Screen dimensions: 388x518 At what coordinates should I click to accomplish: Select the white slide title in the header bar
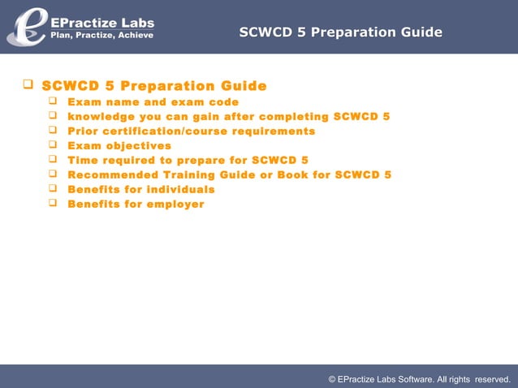tap(341, 32)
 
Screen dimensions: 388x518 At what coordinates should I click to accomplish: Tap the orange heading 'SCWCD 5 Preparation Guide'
tap(154, 86)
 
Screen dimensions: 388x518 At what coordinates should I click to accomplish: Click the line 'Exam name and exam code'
tap(153, 102)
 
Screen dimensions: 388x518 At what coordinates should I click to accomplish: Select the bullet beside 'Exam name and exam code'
tap(54, 101)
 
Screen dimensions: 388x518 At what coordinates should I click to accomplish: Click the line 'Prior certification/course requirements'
tap(191, 131)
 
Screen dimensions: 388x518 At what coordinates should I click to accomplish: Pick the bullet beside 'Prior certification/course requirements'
tap(54, 131)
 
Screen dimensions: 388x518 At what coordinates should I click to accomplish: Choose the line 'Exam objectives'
tap(119, 146)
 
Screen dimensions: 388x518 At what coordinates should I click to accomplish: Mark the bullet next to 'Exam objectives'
tap(54, 145)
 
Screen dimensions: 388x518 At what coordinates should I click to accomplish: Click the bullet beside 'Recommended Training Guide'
tap(54, 175)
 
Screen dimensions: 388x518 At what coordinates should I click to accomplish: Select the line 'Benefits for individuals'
tap(140, 190)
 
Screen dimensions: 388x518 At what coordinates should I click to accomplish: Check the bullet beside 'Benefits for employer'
tap(54, 204)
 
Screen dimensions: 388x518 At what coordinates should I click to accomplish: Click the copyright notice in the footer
tap(419, 378)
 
